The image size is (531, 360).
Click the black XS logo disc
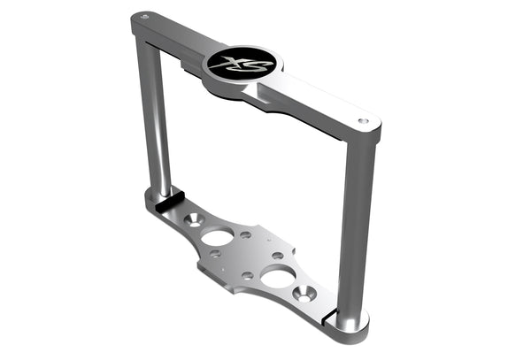click(x=241, y=63)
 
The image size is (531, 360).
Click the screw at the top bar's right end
click(x=363, y=120)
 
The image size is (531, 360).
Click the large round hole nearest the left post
click(x=218, y=237)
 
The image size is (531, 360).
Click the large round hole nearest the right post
click(x=278, y=278)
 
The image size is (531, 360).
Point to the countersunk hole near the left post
click(x=192, y=218)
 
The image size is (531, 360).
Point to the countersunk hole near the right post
click(x=305, y=295)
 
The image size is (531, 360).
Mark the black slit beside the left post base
click(x=164, y=202)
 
